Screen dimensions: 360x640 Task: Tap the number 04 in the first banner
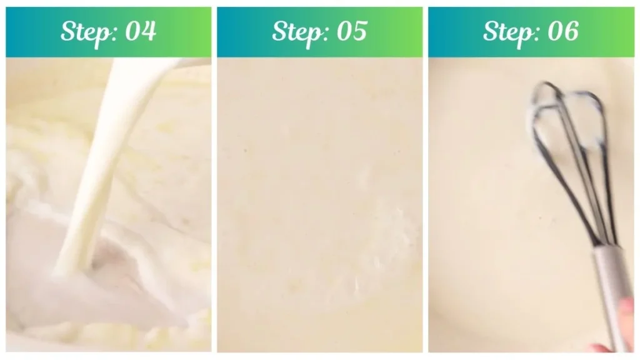141,31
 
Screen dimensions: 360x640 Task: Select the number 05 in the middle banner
352,31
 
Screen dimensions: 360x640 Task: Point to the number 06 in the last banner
563,31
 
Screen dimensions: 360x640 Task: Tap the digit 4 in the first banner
148,31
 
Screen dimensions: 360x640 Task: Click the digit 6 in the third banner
571,31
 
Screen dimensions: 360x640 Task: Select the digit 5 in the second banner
359,31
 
